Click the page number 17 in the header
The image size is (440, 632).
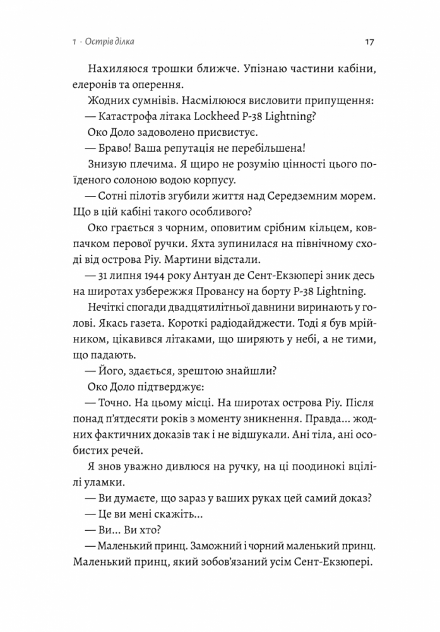tap(371, 43)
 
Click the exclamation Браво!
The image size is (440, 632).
tap(110, 150)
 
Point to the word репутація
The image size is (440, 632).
tap(189, 150)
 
